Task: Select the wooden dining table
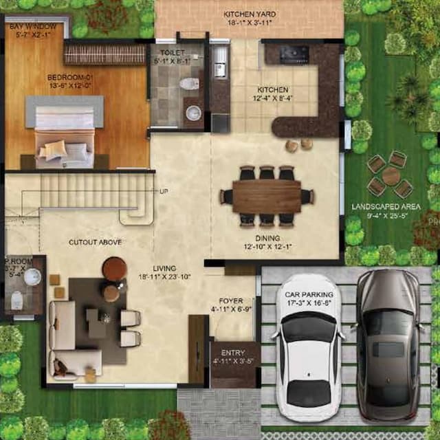(267, 196)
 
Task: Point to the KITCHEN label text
(273, 90)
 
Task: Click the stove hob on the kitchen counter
(296, 52)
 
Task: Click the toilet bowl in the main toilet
(188, 84)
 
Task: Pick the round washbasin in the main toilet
(194, 113)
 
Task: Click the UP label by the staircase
(164, 190)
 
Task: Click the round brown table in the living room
(114, 268)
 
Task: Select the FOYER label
(230, 301)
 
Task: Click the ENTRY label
(233, 353)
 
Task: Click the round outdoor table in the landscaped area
(390, 176)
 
